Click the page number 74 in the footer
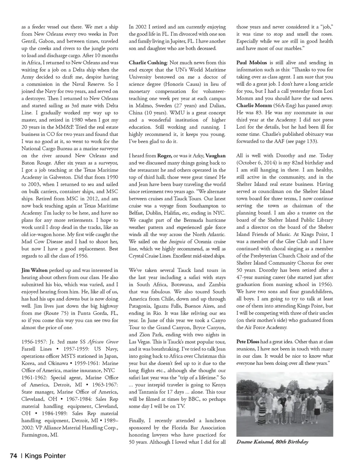point(13,456)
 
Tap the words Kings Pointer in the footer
point(45,456)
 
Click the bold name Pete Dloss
point(248,342)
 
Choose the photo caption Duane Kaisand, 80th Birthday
point(272,442)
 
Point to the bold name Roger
point(164,156)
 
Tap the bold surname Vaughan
point(216,156)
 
